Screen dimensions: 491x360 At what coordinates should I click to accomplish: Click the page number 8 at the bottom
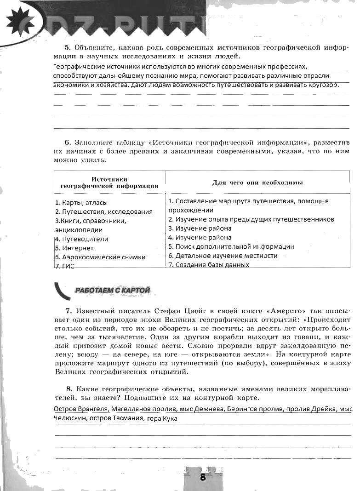[x=203, y=477]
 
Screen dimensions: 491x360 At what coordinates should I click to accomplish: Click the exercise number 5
[x=67, y=47]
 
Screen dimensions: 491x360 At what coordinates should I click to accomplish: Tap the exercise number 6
[x=67, y=142]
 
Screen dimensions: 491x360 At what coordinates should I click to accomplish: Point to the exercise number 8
[x=68, y=389]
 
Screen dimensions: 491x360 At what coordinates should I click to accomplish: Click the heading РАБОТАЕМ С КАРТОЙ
[x=112, y=290]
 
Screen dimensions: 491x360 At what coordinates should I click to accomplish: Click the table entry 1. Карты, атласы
[x=81, y=202]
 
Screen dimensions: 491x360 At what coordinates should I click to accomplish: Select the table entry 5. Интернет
[x=74, y=248]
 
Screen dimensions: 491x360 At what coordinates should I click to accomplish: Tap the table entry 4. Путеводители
[x=81, y=239]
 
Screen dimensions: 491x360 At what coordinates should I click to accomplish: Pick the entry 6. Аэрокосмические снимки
[x=100, y=257]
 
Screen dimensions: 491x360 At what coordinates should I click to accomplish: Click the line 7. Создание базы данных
[x=209, y=265]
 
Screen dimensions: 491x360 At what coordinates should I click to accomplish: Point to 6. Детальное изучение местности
[x=223, y=256]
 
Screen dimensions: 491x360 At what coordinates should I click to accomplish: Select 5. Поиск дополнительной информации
[x=231, y=246]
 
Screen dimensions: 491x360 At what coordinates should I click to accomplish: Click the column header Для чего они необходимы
[x=257, y=183]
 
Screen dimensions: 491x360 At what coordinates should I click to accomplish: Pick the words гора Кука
[x=162, y=418]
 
